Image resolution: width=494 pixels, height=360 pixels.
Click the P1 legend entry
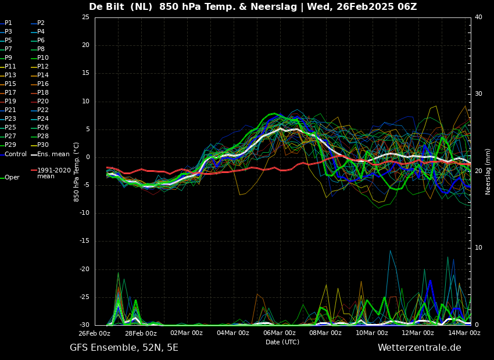[6, 23]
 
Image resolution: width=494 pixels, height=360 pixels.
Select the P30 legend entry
[40, 145]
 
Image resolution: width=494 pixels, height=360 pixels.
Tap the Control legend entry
[13, 154]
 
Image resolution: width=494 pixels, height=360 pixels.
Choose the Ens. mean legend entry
[50, 154]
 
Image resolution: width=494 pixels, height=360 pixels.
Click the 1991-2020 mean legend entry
[51, 173]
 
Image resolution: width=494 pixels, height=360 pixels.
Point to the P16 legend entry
[40, 84]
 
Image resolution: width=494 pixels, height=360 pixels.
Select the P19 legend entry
[8, 102]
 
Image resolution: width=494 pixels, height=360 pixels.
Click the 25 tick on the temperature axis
[85, 17]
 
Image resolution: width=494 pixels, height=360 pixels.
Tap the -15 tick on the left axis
[84, 241]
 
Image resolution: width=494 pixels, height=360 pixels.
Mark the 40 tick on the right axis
[478, 17]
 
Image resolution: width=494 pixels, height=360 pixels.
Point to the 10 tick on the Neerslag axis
[478, 248]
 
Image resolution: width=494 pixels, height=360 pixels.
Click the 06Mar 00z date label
[279, 333]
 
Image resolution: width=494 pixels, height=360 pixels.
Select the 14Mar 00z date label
[464, 333]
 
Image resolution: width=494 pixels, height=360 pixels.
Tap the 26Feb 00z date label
[95, 333]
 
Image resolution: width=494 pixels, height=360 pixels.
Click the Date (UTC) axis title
[282, 342]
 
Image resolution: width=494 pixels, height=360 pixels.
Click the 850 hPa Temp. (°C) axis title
[77, 172]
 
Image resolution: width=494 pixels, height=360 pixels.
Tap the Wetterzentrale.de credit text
[420, 348]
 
